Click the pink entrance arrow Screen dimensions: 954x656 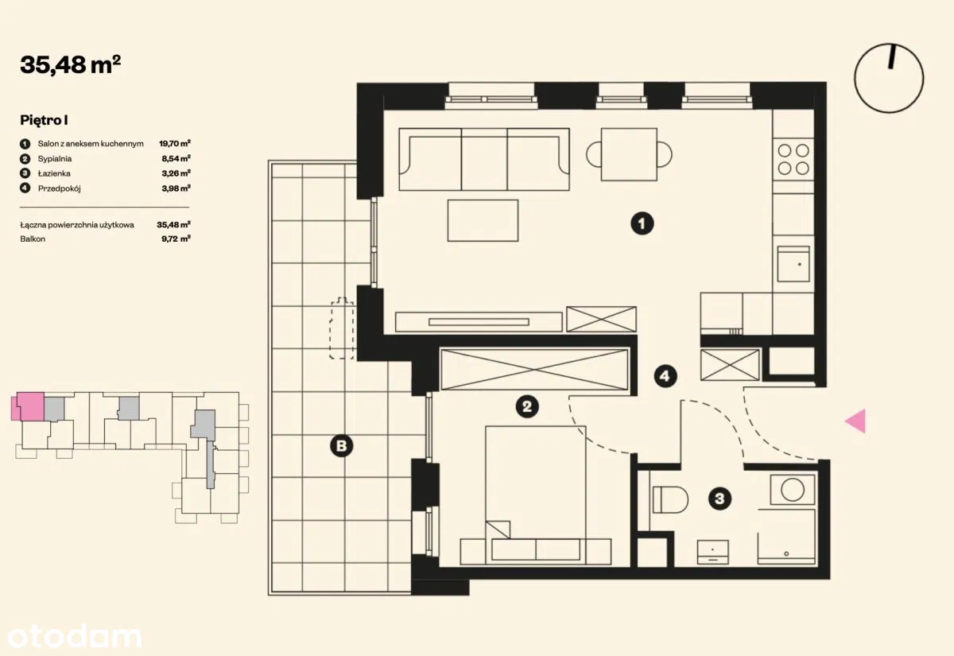pos(855,421)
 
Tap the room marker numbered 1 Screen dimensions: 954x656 pos(642,223)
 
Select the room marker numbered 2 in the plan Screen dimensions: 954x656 pos(527,406)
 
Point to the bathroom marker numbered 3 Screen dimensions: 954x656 pos(719,499)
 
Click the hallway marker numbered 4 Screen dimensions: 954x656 pos(665,375)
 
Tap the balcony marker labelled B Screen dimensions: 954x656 pos(342,446)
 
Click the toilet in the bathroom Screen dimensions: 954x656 pos(670,499)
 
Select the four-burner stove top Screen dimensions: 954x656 pos(793,159)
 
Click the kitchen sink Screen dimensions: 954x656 pos(793,264)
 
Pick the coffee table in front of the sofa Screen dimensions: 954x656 pos(483,221)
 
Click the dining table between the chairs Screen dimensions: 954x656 pos(629,154)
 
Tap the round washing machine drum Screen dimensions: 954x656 pos(793,490)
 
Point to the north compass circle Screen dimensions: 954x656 pos(889,78)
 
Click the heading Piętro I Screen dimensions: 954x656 pos(44,121)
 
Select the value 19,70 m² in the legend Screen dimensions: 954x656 pos(175,144)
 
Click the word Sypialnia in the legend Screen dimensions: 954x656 pos(55,159)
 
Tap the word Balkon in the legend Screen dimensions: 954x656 pos(33,239)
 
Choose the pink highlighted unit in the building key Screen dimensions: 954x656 pos(28,406)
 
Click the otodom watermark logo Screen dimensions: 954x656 pos(75,637)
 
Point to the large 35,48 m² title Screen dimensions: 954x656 pos(71,64)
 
